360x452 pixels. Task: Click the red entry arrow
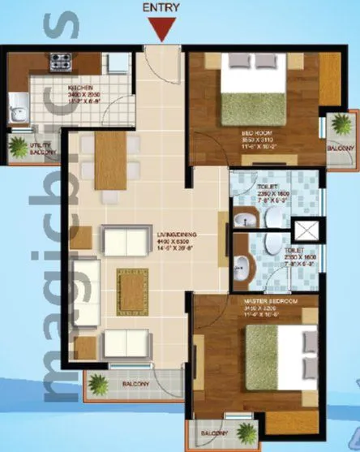164,30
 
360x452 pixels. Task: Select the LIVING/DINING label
174,235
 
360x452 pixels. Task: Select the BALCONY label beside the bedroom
341,149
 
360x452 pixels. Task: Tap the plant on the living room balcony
97,385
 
